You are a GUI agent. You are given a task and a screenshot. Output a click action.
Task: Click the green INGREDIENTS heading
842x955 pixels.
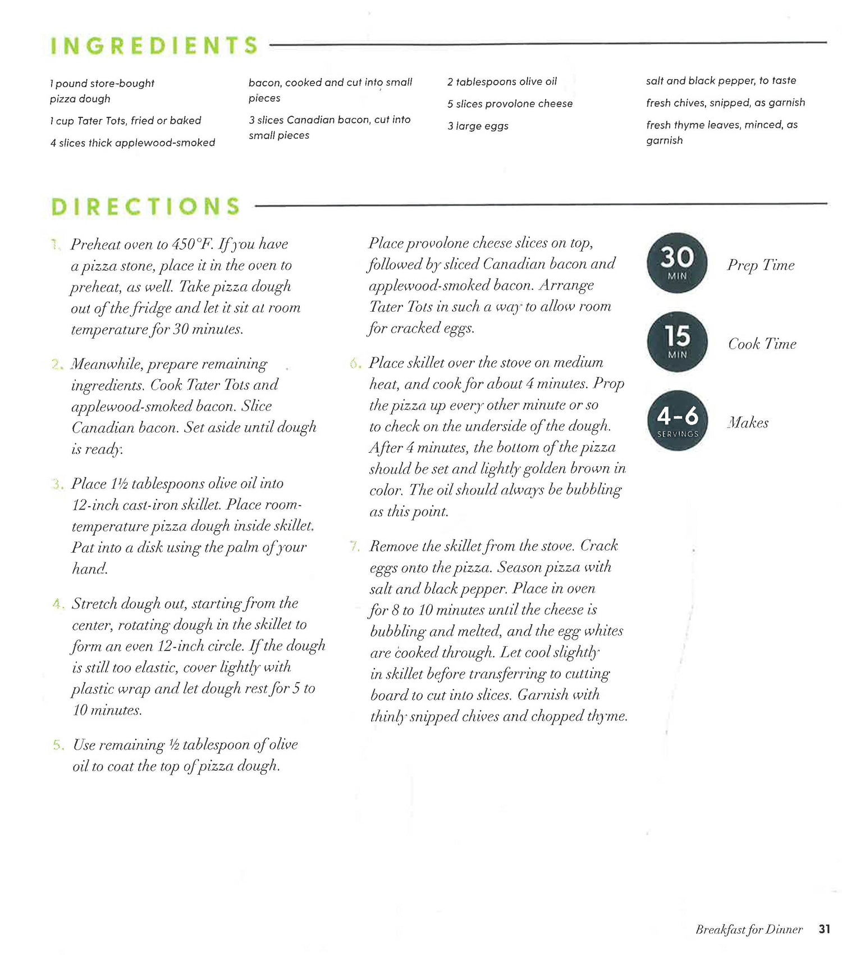click(x=154, y=46)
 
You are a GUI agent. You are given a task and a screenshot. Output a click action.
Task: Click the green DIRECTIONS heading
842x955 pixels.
click(x=146, y=206)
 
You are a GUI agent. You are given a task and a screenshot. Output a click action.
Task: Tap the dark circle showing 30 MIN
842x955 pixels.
click(x=677, y=262)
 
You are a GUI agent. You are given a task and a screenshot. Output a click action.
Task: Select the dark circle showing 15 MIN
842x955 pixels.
click(x=678, y=341)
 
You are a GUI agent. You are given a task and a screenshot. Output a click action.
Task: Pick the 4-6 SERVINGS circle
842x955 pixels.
click(x=678, y=420)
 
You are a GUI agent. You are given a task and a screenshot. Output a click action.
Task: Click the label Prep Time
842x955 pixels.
click(x=761, y=265)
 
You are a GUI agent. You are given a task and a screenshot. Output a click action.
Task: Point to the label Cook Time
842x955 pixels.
click(x=762, y=344)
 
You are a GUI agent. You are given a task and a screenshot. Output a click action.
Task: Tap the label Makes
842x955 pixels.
click(x=748, y=422)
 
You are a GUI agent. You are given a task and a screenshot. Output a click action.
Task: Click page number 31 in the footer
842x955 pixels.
click(x=824, y=929)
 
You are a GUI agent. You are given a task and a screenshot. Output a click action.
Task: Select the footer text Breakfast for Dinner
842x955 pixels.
click(x=749, y=929)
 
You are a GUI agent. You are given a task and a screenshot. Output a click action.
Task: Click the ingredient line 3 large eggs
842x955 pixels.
click(x=478, y=126)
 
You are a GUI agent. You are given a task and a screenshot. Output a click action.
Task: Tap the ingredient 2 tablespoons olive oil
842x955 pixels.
click(x=502, y=81)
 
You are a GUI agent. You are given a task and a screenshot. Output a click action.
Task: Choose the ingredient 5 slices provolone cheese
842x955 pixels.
click(x=510, y=104)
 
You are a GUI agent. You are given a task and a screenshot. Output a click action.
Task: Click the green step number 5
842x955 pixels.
click(x=58, y=745)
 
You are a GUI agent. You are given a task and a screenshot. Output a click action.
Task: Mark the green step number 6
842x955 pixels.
click(x=355, y=363)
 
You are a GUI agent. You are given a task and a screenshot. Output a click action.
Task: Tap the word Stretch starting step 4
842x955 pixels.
click(x=94, y=603)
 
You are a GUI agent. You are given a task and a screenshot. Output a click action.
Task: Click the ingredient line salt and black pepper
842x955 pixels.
click(x=721, y=80)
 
